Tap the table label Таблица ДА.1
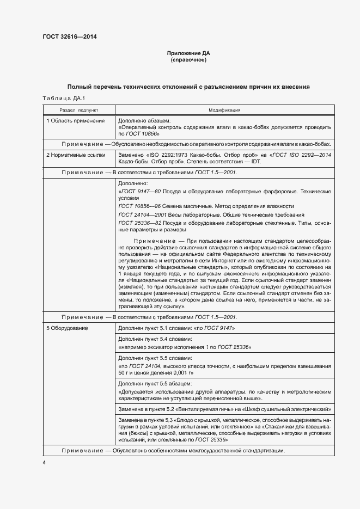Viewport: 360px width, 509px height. (x=60, y=98)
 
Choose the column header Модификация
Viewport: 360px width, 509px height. (x=224, y=109)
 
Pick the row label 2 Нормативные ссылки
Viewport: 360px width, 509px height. (x=76, y=155)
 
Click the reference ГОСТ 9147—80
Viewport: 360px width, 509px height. (x=139, y=192)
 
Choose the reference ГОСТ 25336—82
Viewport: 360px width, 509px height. (x=141, y=223)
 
